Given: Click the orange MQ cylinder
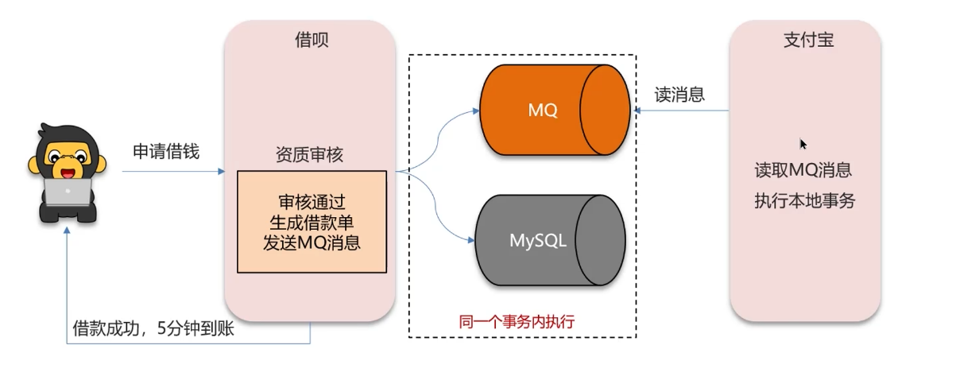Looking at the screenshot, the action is pos(555,110).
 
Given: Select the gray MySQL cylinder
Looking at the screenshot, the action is pos(551,240).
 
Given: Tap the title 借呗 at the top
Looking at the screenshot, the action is pos(312,40).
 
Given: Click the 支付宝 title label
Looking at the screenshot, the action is pos(808,40).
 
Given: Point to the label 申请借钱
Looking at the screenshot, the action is pos(166,152).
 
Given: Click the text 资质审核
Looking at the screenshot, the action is pos(309,154).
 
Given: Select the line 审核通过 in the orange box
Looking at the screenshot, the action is pos(312,202).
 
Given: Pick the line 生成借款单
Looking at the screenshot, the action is pos(312,222).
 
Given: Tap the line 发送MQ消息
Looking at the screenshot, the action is pos(312,242).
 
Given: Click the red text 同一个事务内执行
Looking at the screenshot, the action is pos(517,321).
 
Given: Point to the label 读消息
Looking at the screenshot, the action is pos(679,95).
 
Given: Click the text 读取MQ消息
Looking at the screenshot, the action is pos(803,170).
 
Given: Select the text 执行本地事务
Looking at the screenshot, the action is pos(804,200).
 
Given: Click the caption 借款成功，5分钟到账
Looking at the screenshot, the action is pos(153,328).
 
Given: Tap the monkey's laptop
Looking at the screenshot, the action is pos(68,192).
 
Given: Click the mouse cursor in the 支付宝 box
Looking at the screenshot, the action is pos(803,144).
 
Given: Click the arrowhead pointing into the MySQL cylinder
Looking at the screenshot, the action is pos(471,240).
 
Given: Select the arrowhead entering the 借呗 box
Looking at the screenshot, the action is pos(221,171).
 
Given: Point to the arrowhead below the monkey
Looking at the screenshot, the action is pos(67,230).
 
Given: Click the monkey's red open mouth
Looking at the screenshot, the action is pos(68,173).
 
